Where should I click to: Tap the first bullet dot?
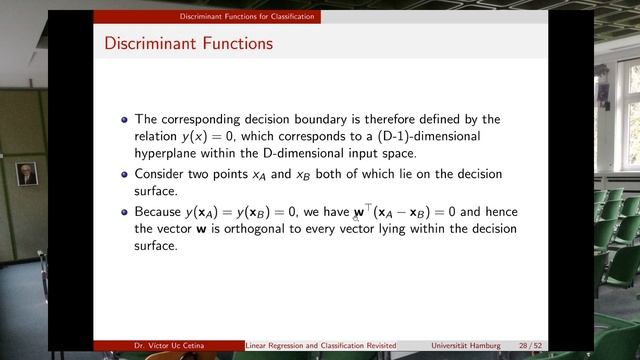coord(124,120)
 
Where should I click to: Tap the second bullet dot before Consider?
coord(124,175)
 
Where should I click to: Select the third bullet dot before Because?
coord(124,213)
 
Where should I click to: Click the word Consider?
coord(163,174)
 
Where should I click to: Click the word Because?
coord(161,212)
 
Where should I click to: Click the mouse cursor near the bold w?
coord(356,215)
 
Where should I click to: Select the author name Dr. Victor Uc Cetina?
coord(163,345)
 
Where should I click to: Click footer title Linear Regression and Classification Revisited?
coord(321,345)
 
